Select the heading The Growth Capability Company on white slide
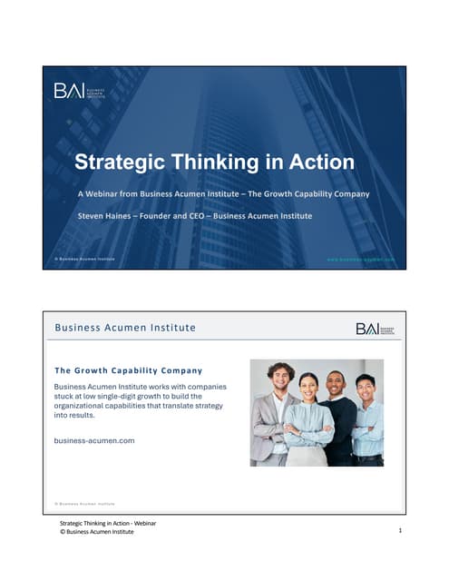click(128, 370)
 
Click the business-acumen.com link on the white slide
click(94, 440)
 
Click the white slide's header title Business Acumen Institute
click(125, 328)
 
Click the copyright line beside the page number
click(96, 532)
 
